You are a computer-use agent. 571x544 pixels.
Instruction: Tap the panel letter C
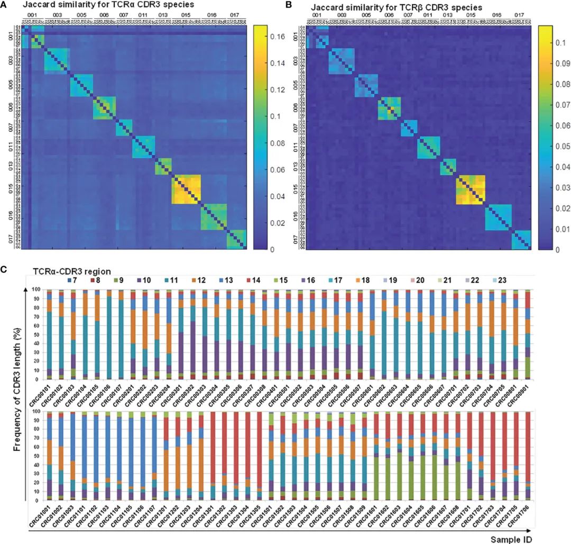point(5,268)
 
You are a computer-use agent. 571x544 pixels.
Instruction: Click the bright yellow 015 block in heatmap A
point(186,189)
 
